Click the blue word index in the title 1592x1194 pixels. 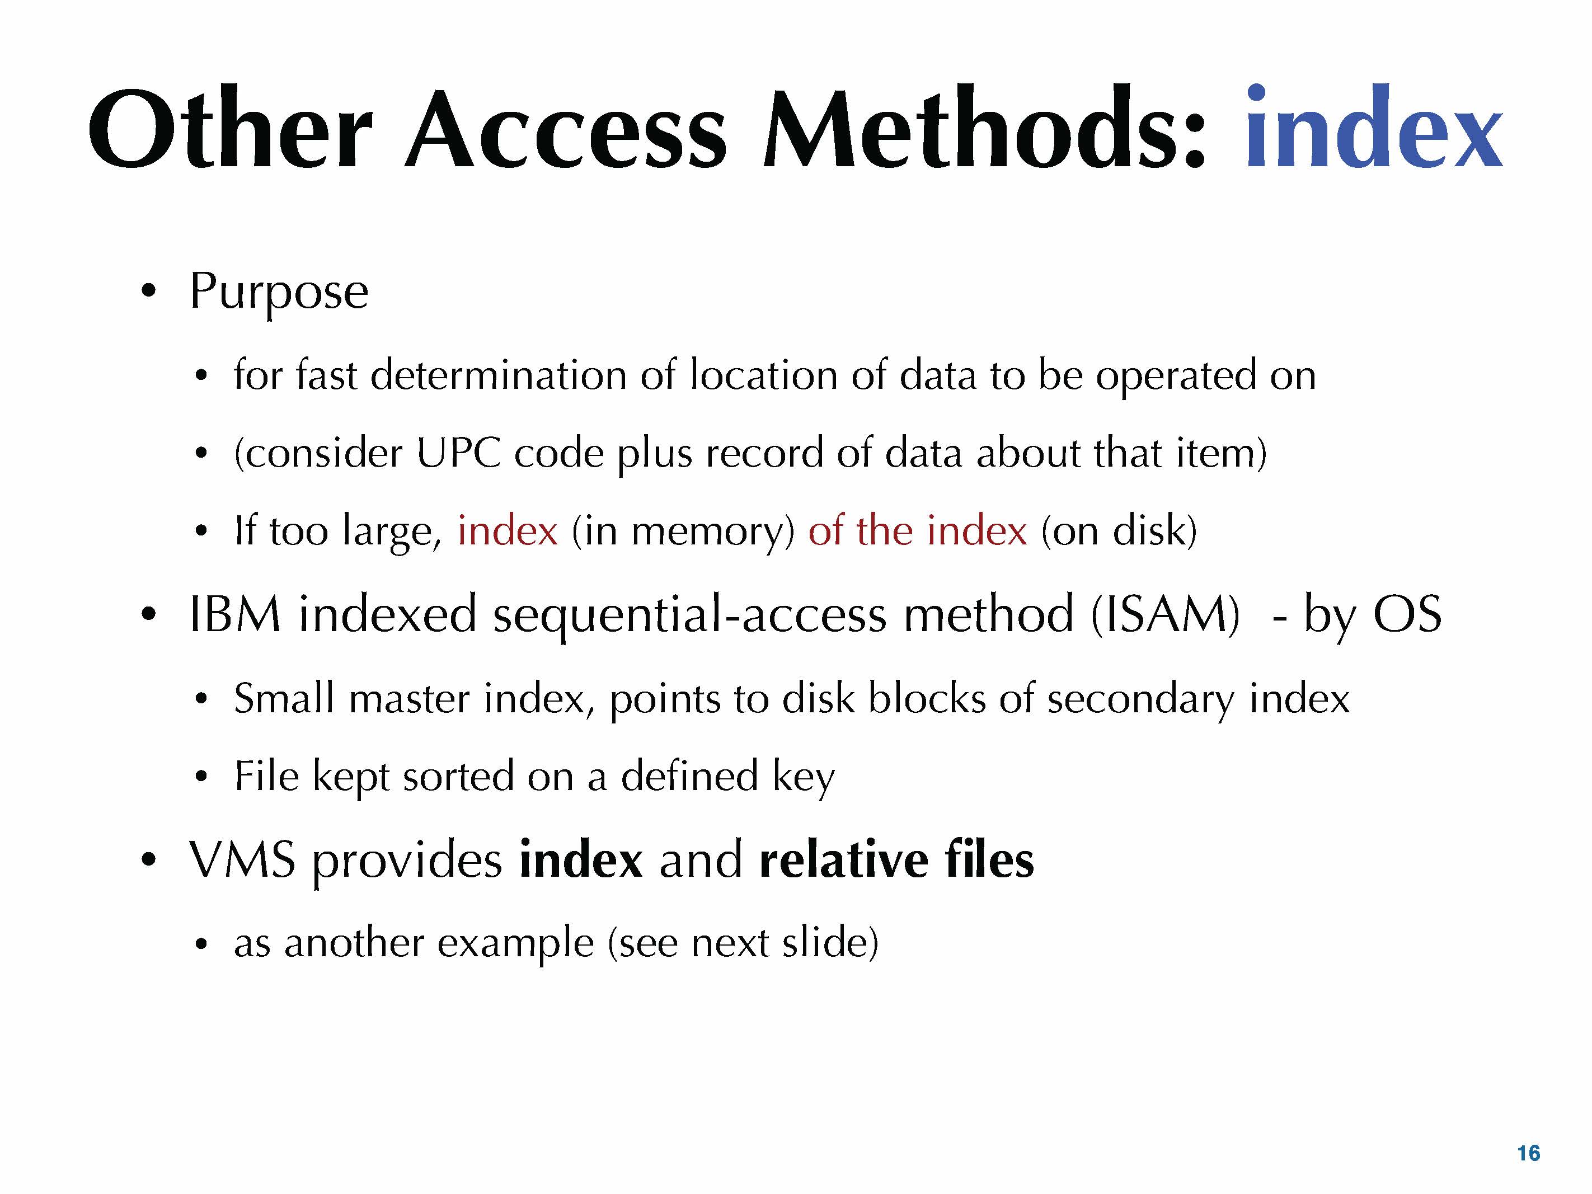tap(1373, 128)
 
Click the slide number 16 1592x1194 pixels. tap(1529, 1153)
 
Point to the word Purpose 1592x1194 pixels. tap(279, 292)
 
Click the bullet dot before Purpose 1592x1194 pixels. tap(148, 291)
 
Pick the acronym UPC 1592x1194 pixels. tap(458, 453)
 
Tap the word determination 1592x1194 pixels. tap(498, 375)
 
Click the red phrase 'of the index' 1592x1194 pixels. tap(917, 530)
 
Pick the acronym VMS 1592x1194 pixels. tap(242, 859)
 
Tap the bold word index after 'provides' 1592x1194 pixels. tap(580, 859)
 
